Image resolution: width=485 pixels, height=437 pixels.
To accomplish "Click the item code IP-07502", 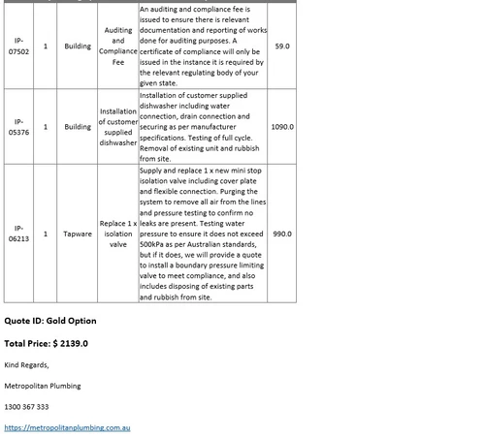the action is tap(20, 46).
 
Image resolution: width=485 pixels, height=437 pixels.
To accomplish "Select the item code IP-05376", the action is tap(20, 126).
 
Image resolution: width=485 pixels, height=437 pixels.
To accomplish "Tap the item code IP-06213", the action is tap(20, 234).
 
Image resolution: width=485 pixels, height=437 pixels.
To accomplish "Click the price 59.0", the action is tap(281, 46).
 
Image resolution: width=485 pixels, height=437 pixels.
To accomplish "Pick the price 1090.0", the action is tap(282, 126).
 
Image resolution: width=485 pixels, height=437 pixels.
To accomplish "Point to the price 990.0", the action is tap(281, 234).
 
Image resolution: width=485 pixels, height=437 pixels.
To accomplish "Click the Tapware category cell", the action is tap(78, 234).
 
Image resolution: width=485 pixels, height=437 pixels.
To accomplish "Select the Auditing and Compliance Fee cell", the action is tap(118, 46).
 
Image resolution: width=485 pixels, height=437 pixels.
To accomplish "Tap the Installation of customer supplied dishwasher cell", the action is tap(118, 126).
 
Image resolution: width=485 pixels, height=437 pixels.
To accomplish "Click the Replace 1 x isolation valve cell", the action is tap(118, 234).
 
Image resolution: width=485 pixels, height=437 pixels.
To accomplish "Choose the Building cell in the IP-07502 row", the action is tap(78, 46).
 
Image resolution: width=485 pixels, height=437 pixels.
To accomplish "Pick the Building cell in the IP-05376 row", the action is tap(78, 126).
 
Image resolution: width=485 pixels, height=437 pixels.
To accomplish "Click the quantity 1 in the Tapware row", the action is tap(47, 234).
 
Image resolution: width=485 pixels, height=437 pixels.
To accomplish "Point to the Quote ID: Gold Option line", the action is tap(50, 320).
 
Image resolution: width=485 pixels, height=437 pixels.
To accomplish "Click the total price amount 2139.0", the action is tap(70, 343).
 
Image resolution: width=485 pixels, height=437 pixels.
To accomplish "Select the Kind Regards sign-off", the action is tap(26, 364).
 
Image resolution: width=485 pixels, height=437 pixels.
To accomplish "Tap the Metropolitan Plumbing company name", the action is tap(43, 386).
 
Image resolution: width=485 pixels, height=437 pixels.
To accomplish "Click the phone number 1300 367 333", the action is tap(26, 407).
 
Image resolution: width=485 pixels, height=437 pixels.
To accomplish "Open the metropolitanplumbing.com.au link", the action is tap(67, 427).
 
